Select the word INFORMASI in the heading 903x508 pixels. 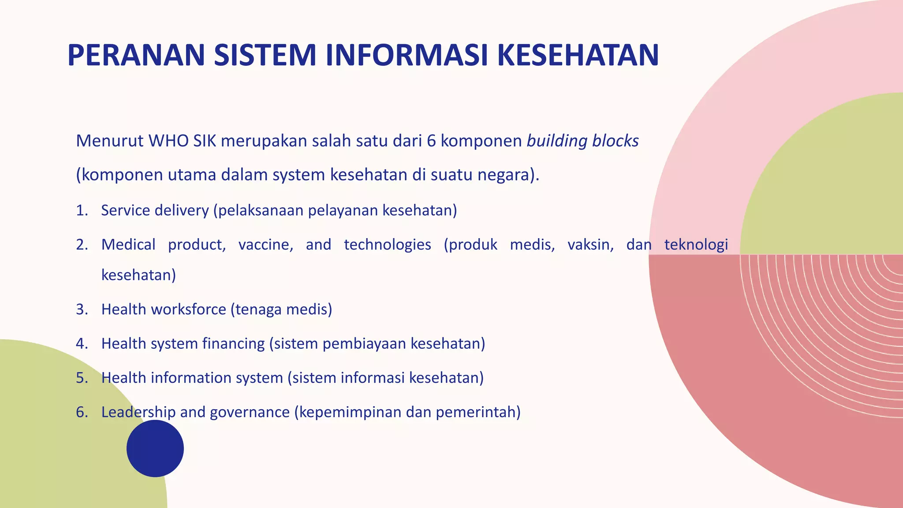pos(406,56)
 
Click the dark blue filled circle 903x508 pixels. pos(155,448)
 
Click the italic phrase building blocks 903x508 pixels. pos(582,141)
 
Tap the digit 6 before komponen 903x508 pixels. pos(431,141)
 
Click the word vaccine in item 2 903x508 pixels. pos(265,245)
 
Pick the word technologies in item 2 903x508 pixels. pos(387,245)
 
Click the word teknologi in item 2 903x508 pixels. pos(696,245)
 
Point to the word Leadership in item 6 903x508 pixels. pos(138,412)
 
